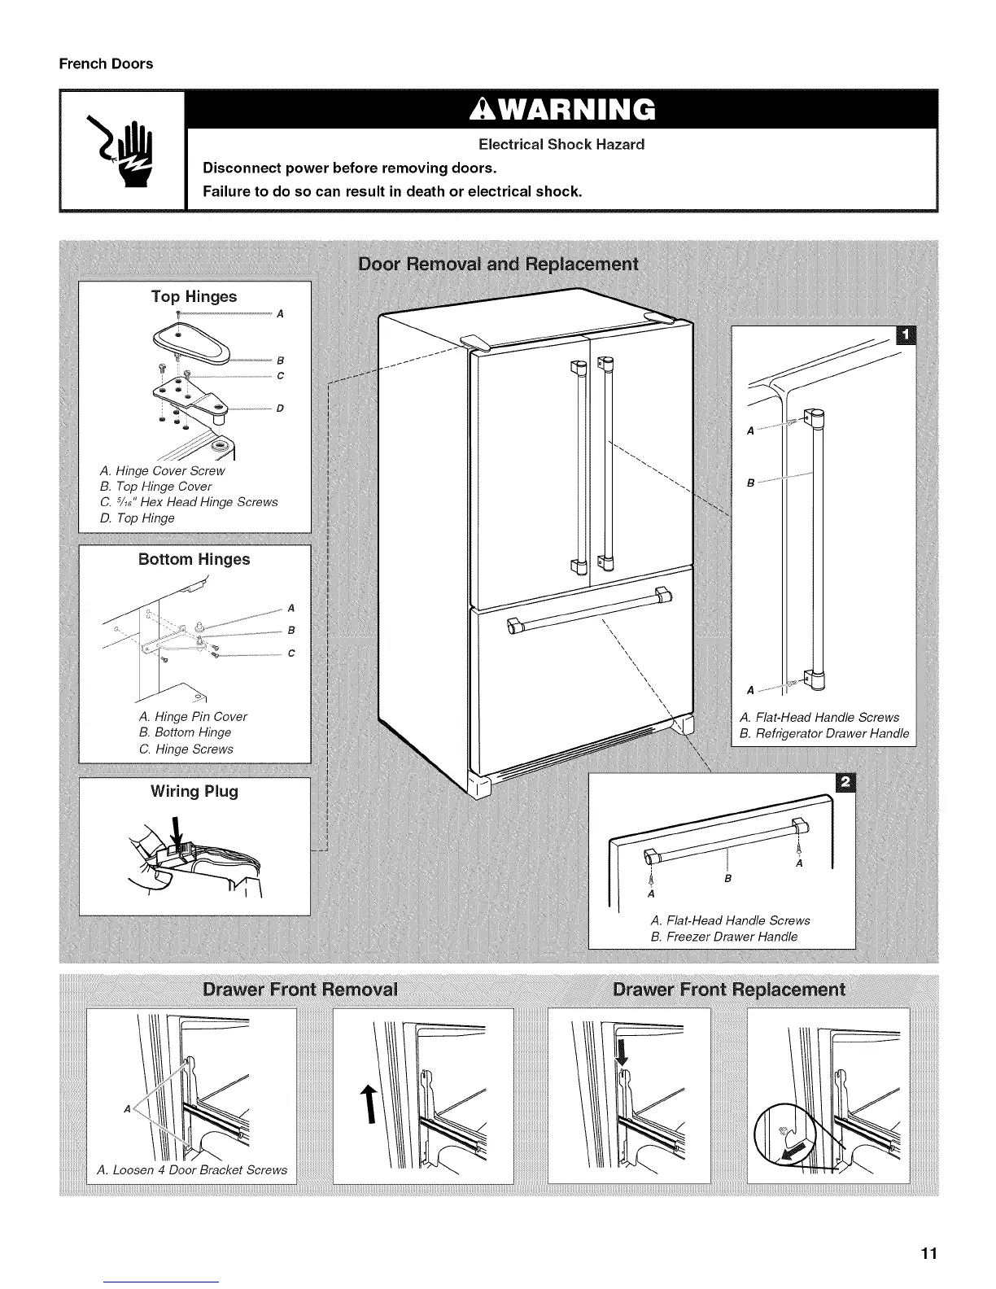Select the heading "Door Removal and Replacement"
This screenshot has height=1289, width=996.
click(x=498, y=264)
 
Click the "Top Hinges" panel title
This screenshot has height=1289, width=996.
click(x=194, y=296)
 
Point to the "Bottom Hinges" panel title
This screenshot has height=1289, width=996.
click(x=194, y=559)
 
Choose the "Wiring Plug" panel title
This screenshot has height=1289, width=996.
click(x=194, y=791)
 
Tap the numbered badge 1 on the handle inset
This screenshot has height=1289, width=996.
click(x=903, y=335)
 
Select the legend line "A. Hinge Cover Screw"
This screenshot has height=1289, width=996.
click(x=162, y=470)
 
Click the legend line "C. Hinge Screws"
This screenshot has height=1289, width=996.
click(x=186, y=749)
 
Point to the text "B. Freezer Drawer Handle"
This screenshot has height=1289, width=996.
click(x=723, y=937)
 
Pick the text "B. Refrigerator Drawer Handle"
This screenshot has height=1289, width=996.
click(x=823, y=733)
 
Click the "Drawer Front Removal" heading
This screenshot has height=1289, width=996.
click(x=300, y=990)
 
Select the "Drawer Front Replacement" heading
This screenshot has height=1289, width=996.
click(x=728, y=990)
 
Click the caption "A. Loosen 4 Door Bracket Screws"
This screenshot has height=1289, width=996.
click(x=192, y=1169)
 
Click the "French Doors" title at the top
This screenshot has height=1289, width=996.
click(x=106, y=63)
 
